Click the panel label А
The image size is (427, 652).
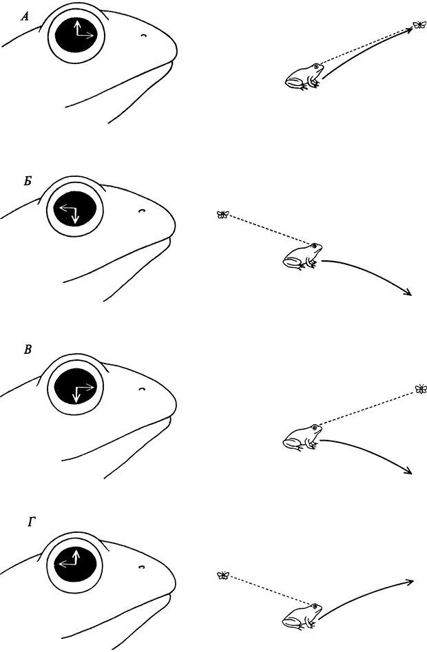pos(25,17)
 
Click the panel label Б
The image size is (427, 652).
pos(28,182)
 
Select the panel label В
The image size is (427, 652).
pos(28,350)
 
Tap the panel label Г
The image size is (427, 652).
pos(32,523)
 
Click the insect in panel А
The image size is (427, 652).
pos(419,25)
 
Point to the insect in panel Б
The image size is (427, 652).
pos(222,215)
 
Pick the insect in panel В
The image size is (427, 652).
pos(421,389)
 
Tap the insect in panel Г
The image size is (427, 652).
pos(223,575)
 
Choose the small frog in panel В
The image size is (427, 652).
pos(302,437)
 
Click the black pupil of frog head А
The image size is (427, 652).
pos(76,35)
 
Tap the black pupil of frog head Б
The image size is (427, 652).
pos(75,210)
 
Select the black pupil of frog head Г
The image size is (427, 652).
pos(75,563)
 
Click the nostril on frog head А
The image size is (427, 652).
pos(143,36)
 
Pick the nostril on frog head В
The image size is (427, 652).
pos(142,389)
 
